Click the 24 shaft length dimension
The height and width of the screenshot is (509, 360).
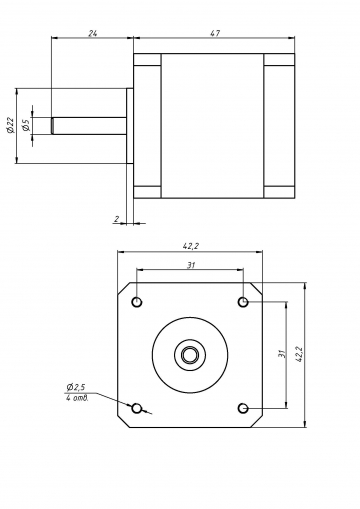(92, 33)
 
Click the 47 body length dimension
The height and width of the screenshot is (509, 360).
(215, 33)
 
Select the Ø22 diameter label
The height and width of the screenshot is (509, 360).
(10, 125)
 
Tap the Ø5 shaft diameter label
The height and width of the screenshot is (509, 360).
(26, 125)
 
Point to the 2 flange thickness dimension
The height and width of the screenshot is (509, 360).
(116, 219)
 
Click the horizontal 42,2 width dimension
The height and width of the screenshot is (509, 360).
(190, 246)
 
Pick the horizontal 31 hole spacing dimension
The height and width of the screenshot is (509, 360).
(190, 265)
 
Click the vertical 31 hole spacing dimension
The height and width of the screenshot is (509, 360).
(282, 353)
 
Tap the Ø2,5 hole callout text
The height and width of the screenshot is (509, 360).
(76, 387)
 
